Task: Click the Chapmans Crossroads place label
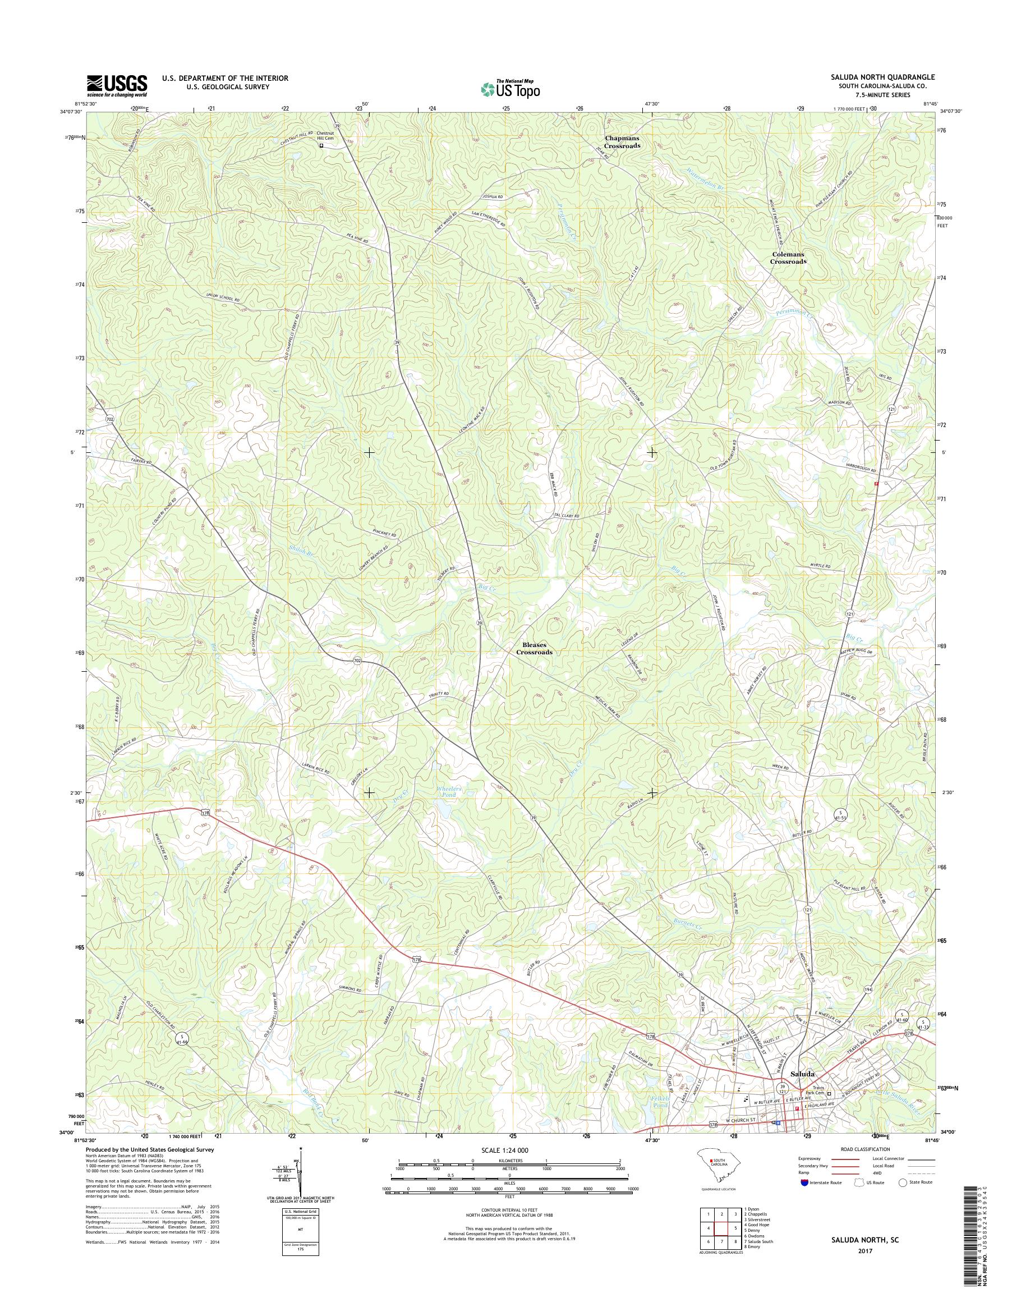tap(622, 142)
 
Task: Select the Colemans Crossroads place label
tap(787, 258)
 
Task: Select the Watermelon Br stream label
tap(705, 181)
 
